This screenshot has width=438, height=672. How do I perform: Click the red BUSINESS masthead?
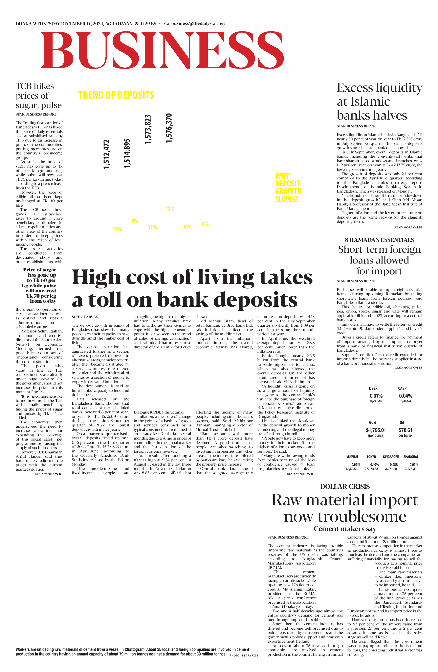(162, 50)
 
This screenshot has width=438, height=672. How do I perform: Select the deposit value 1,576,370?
(169, 128)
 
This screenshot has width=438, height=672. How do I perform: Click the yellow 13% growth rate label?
(170, 209)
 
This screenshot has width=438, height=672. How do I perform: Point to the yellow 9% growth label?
(135, 221)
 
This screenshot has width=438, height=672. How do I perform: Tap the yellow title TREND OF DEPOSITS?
(116, 95)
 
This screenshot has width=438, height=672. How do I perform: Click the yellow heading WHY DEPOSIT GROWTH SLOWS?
(288, 188)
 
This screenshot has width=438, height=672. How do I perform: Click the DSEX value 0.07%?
(376, 396)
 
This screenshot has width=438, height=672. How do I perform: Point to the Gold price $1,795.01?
(376, 430)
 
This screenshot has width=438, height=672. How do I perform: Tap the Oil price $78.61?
(405, 430)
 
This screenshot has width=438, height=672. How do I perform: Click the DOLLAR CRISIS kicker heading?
(345, 487)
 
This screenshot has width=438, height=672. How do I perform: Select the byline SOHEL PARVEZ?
(81, 317)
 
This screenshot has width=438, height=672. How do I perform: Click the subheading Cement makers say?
(345, 529)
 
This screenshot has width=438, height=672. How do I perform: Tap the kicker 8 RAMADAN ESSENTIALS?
(379, 240)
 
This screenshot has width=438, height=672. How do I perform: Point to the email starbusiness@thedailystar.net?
(194, 23)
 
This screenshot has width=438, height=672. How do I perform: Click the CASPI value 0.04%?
(406, 396)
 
